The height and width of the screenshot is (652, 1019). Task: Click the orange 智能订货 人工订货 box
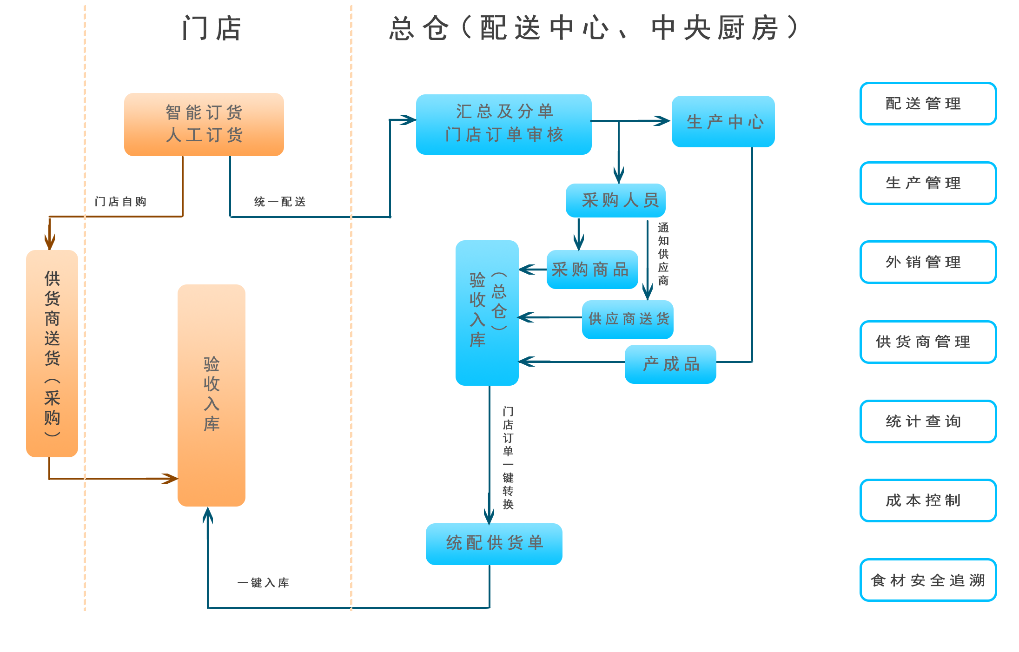coord(204,124)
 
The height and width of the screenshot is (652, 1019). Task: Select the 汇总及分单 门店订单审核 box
coord(503,124)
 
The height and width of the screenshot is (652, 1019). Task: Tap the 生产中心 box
coord(723,122)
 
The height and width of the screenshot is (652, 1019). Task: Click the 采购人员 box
coord(615,200)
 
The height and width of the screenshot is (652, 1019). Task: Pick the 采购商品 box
coord(592,270)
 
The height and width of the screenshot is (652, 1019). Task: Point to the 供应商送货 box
coord(628,319)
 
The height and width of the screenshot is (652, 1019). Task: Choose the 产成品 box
coord(670,364)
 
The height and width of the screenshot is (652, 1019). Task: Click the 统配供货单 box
coord(494,543)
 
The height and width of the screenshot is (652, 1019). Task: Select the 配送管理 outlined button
coord(928,104)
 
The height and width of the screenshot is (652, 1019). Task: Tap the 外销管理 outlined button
coord(928,262)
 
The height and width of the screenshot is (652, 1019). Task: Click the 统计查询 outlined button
coord(928,421)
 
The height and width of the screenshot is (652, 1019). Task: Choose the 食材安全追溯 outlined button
coord(928,580)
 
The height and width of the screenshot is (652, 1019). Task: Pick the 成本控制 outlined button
coord(928,501)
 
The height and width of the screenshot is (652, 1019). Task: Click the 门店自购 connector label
coord(120,202)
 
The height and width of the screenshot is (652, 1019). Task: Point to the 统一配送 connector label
coord(280,202)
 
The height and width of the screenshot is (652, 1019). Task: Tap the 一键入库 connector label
coord(263,583)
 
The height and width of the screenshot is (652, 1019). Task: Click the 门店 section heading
coord(212,28)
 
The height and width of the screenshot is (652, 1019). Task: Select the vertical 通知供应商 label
coord(663,254)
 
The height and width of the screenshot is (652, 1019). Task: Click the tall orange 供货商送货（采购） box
coord(52,353)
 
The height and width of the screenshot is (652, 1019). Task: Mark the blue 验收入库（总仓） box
coord(487,312)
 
